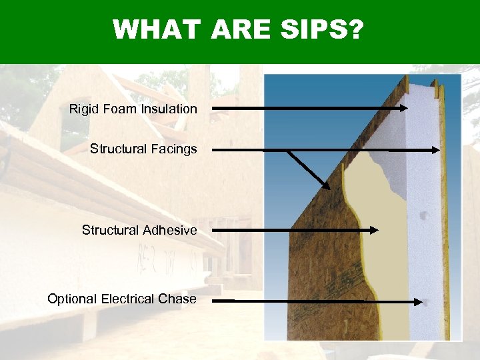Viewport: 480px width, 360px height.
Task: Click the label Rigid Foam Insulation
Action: (133, 109)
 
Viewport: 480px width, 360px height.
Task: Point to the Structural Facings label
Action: (143, 149)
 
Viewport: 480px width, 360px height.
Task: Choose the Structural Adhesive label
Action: (139, 230)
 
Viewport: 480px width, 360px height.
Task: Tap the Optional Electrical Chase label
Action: (122, 299)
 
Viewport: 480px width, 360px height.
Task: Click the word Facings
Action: (175, 149)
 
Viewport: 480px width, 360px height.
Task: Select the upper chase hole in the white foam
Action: (423, 215)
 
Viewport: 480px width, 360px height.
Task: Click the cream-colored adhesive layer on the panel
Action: (383, 200)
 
